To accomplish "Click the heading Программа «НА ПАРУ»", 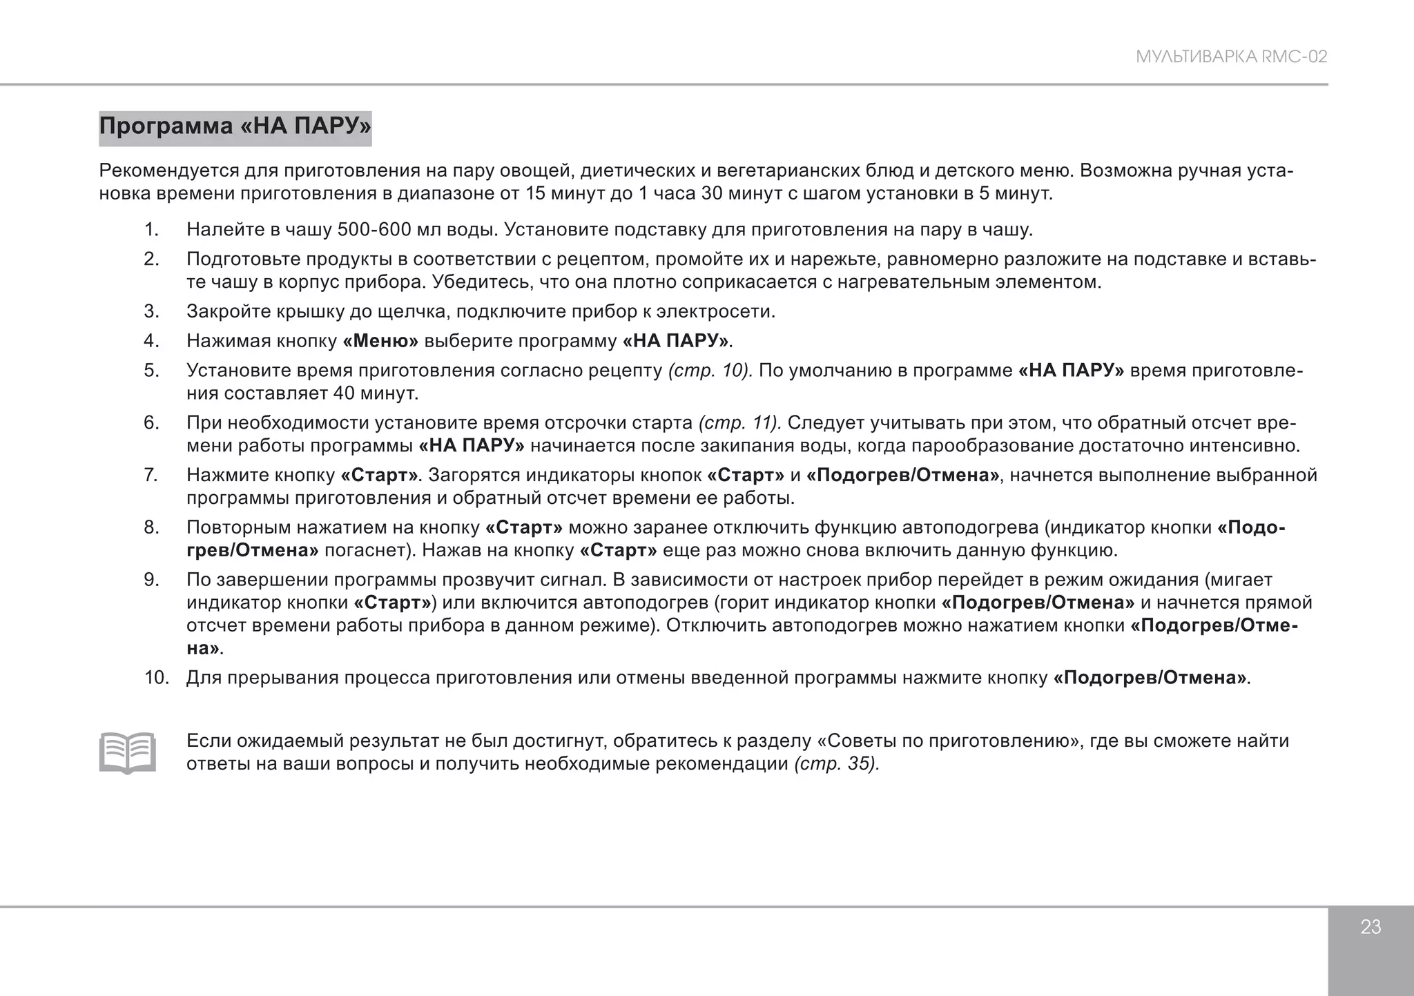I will pyautogui.click(x=235, y=127).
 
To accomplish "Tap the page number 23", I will pyautogui.click(x=1370, y=927).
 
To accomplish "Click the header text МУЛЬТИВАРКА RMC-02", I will pyautogui.click(x=1231, y=57).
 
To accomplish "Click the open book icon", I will pyautogui.click(x=127, y=752).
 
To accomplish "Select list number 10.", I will pyautogui.click(x=156, y=678).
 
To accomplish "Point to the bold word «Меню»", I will pyautogui.click(x=380, y=341).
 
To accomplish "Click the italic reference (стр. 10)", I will pyautogui.click(x=710, y=371).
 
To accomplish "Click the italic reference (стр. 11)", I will pyautogui.click(x=739, y=422).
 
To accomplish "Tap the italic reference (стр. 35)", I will pyautogui.click(x=836, y=764).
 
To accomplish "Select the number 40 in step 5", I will pyautogui.click(x=344, y=393).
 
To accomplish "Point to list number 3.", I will pyautogui.click(x=151, y=311).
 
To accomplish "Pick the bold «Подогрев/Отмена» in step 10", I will pyautogui.click(x=1150, y=678).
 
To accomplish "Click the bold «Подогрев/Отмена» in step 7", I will pyautogui.click(x=902, y=475).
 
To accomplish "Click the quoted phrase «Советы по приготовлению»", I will pyautogui.click(x=949, y=741).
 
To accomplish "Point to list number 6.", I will pyautogui.click(x=151, y=422).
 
